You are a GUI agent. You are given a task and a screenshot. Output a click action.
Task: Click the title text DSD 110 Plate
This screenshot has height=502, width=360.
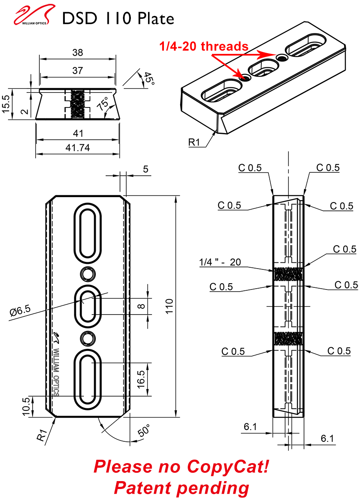118,18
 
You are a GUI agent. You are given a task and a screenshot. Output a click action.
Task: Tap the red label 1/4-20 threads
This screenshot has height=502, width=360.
204,46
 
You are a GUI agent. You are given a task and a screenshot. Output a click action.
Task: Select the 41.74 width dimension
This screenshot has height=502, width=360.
78,147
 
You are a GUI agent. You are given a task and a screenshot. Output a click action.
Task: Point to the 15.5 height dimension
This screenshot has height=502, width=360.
5,104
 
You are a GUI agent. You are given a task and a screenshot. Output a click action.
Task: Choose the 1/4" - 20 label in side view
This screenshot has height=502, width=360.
220,262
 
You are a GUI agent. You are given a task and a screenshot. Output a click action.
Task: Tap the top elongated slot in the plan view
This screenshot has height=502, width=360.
87,232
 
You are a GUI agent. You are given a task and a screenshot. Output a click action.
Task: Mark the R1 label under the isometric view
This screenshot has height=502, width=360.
195,142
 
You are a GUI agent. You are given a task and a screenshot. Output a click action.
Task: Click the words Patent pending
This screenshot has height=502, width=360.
181,488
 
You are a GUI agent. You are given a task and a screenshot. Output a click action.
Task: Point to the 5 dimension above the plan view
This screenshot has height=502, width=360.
145,169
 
